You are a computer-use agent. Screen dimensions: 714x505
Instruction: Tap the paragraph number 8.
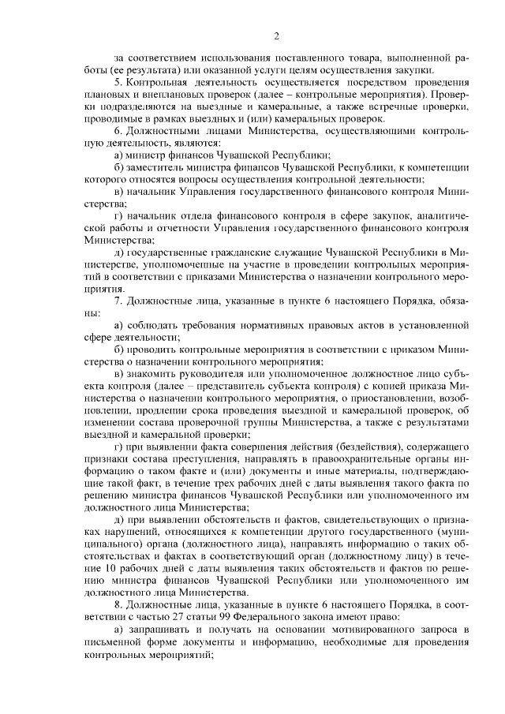pyautogui.click(x=117, y=604)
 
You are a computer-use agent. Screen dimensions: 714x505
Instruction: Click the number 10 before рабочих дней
pyautogui.click(x=101, y=569)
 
